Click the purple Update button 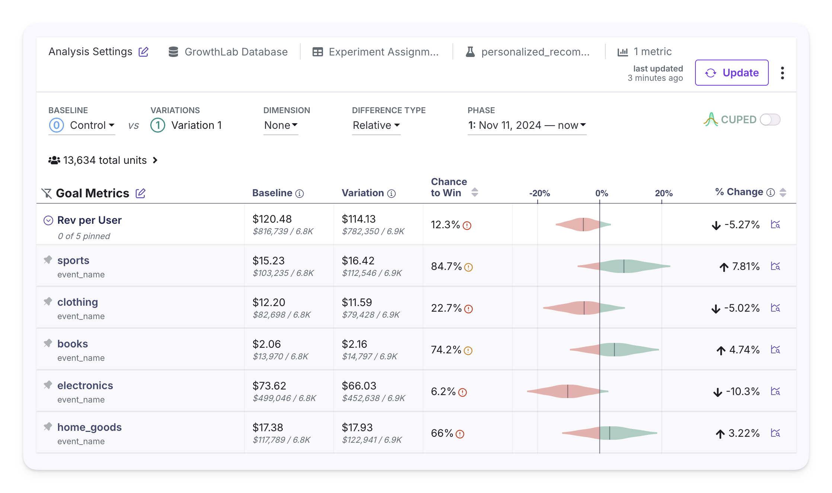732,73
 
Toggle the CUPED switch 770,120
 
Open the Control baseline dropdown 82,125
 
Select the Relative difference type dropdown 376,125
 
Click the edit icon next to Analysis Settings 144,52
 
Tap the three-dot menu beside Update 783,73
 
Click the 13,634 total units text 105,160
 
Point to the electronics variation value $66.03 359,386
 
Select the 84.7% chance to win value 446,266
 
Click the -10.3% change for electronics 742,391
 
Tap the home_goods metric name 89,427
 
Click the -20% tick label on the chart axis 539,193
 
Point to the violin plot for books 614,350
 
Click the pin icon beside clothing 48,301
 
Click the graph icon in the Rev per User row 775,225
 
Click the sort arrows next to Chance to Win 474,192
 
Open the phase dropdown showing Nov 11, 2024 527,125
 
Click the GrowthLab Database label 236,52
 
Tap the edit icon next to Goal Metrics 140,193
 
